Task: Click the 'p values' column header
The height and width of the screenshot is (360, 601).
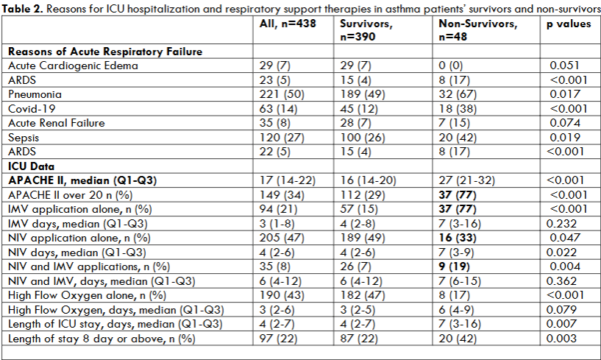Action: (x=569, y=24)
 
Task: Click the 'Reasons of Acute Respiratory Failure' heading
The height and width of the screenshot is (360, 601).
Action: (x=105, y=52)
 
